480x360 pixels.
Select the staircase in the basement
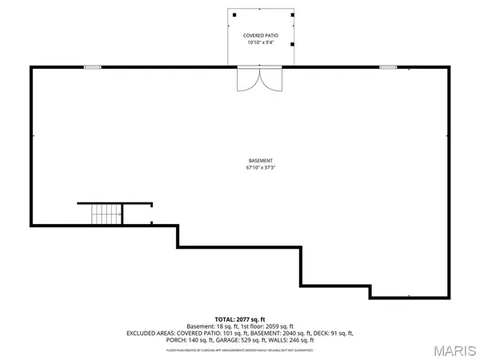pyautogui.click(x=106, y=214)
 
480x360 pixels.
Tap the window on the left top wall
pyautogui.click(x=93, y=67)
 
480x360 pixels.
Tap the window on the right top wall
pyautogui.click(x=388, y=67)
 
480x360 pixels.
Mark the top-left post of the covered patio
pyautogui.click(x=234, y=14)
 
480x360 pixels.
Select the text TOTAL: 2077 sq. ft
pyautogui.click(x=240, y=318)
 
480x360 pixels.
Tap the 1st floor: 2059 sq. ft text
pyautogui.click(x=269, y=326)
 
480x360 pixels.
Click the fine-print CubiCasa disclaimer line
pyautogui.click(x=240, y=350)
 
